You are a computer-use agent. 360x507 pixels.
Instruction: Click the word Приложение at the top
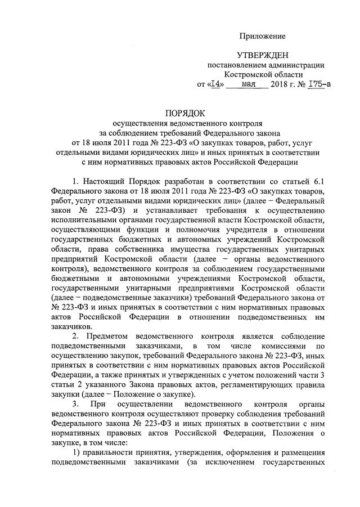(x=263, y=36)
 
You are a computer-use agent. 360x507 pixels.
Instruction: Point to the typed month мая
(x=247, y=84)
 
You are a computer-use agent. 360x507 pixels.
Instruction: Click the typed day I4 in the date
(x=216, y=84)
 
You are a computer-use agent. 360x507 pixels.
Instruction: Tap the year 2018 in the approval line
(x=278, y=84)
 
